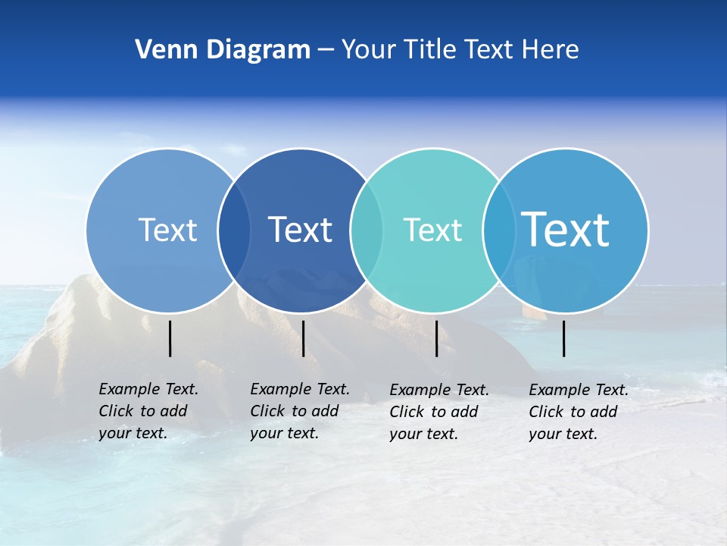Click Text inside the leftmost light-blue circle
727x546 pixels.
(167, 230)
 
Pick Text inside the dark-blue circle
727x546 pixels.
(301, 230)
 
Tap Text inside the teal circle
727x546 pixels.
(432, 230)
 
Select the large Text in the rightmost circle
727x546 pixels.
(566, 229)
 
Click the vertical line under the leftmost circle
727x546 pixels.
(170, 338)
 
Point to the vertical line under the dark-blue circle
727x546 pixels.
(303, 338)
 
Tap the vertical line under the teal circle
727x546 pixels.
(437, 338)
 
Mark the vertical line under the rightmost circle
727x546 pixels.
(564, 338)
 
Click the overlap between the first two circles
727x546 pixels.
(234, 230)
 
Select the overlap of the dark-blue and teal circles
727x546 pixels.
(367, 230)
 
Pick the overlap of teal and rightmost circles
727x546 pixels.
(498, 230)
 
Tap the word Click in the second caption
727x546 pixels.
(267, 411)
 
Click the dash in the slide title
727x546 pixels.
(326, 50)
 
